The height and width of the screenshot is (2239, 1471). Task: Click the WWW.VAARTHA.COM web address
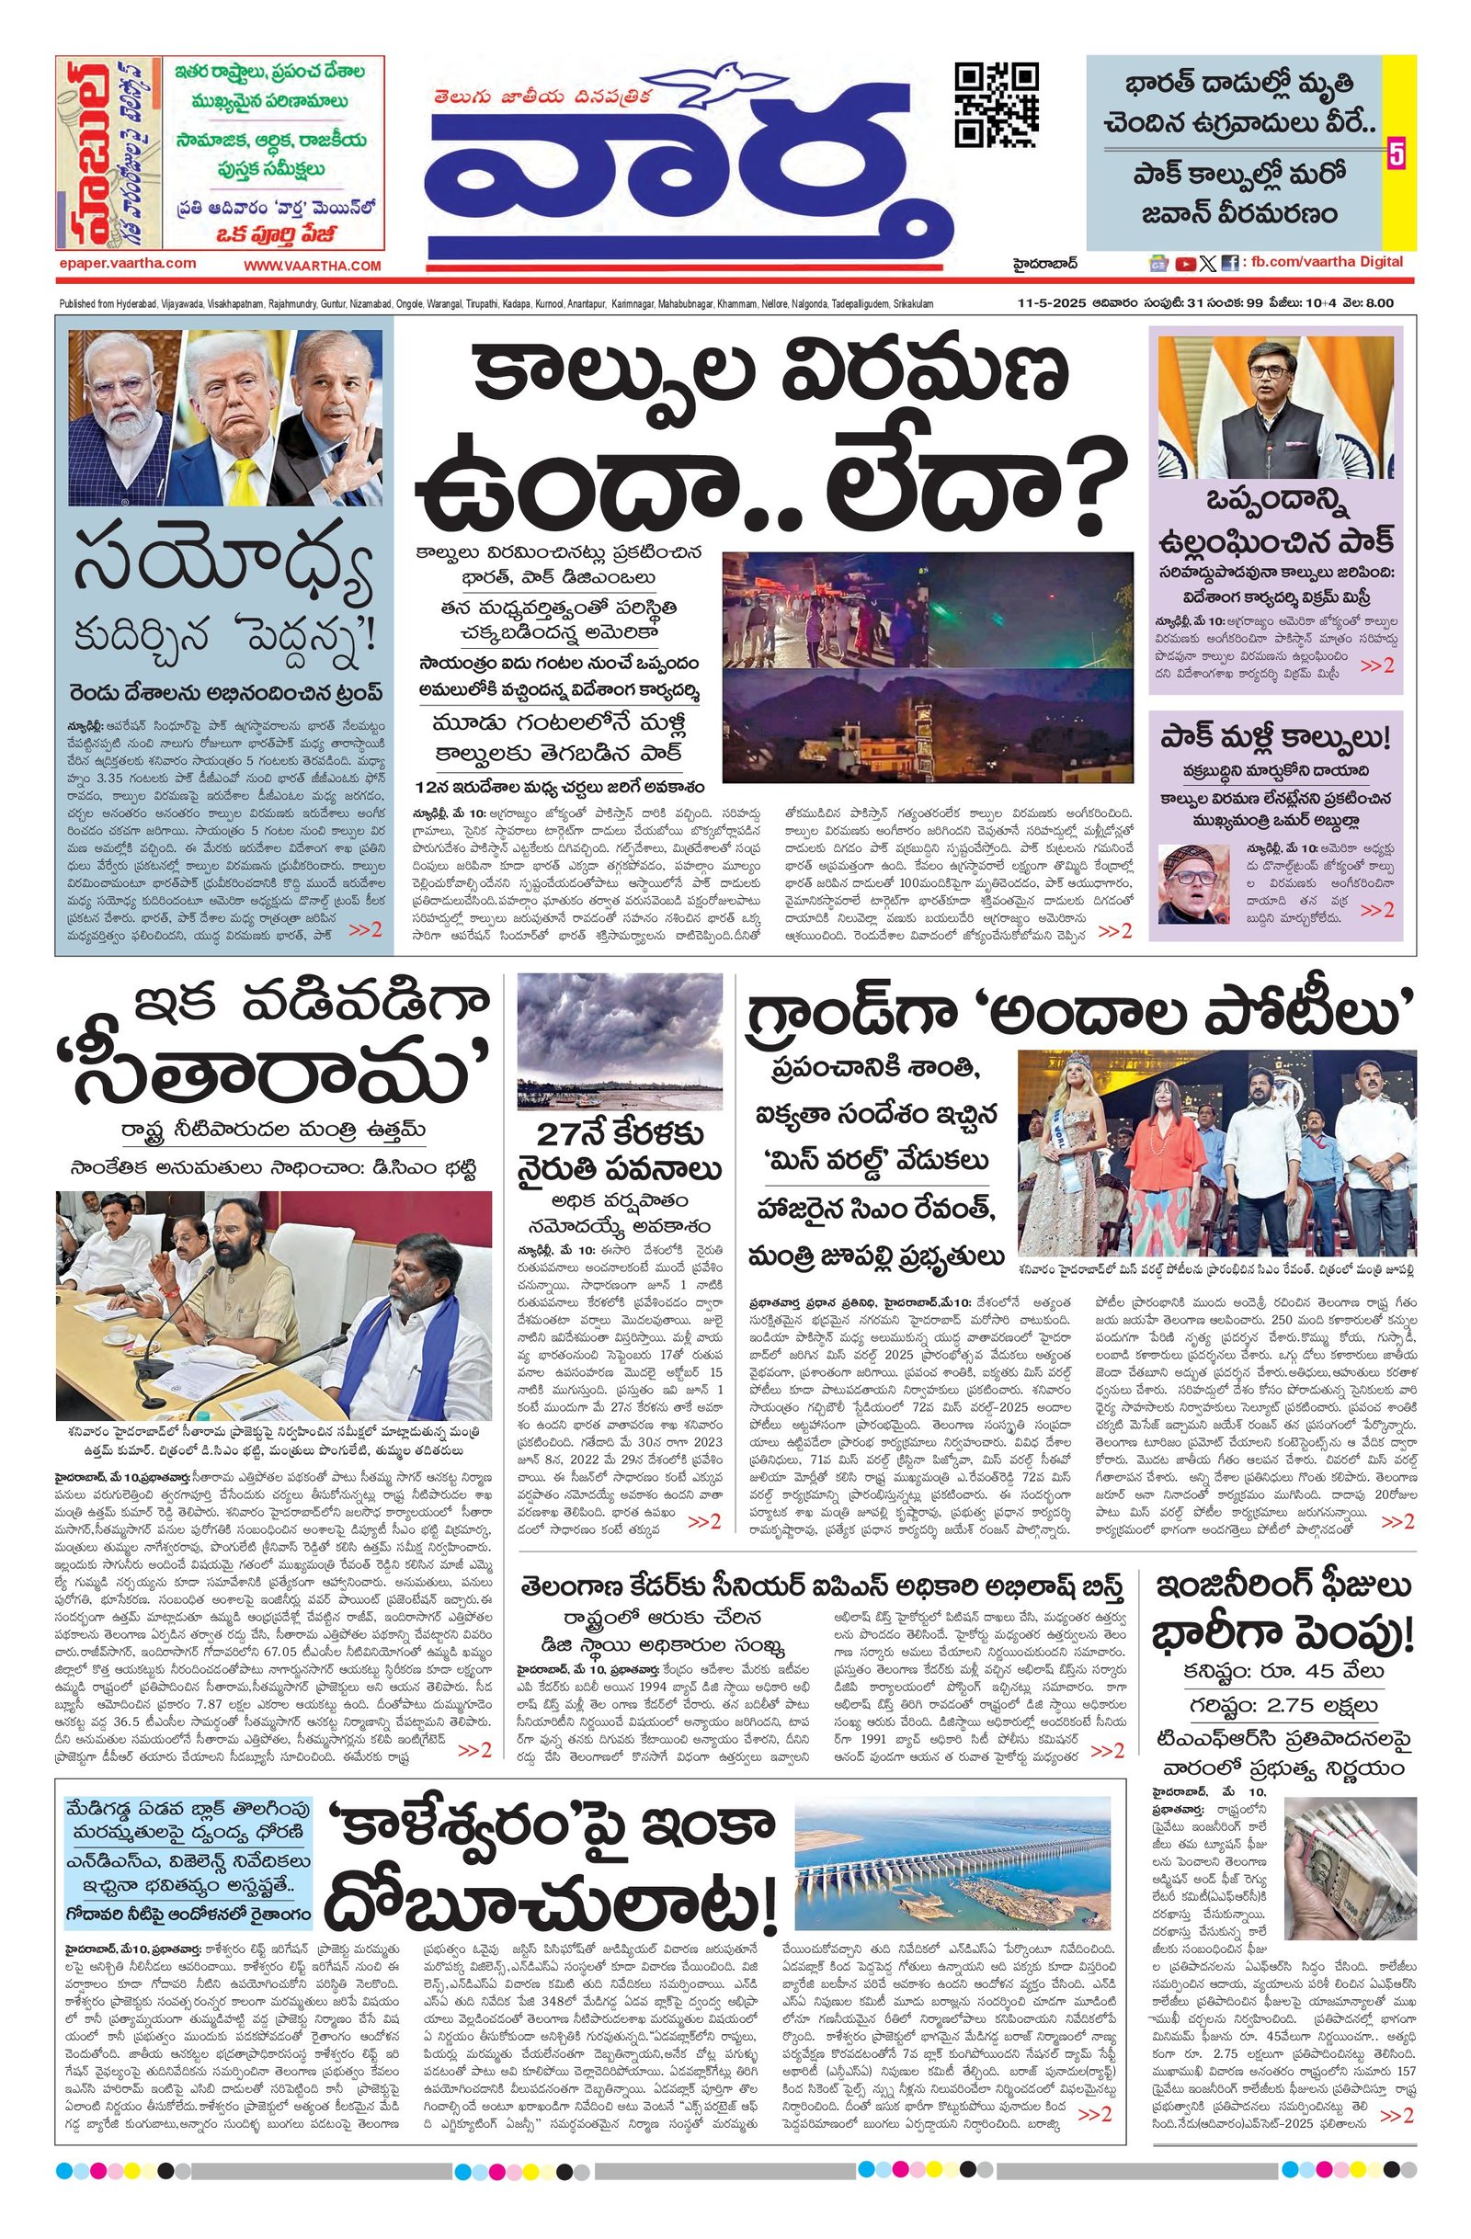[313, 267]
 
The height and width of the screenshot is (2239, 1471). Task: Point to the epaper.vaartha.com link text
[126, 264]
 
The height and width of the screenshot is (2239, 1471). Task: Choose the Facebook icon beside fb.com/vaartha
[1229, 265]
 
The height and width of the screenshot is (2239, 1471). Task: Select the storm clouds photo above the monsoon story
[620, 1041]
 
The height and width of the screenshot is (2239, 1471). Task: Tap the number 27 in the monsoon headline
[557, 1133]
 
